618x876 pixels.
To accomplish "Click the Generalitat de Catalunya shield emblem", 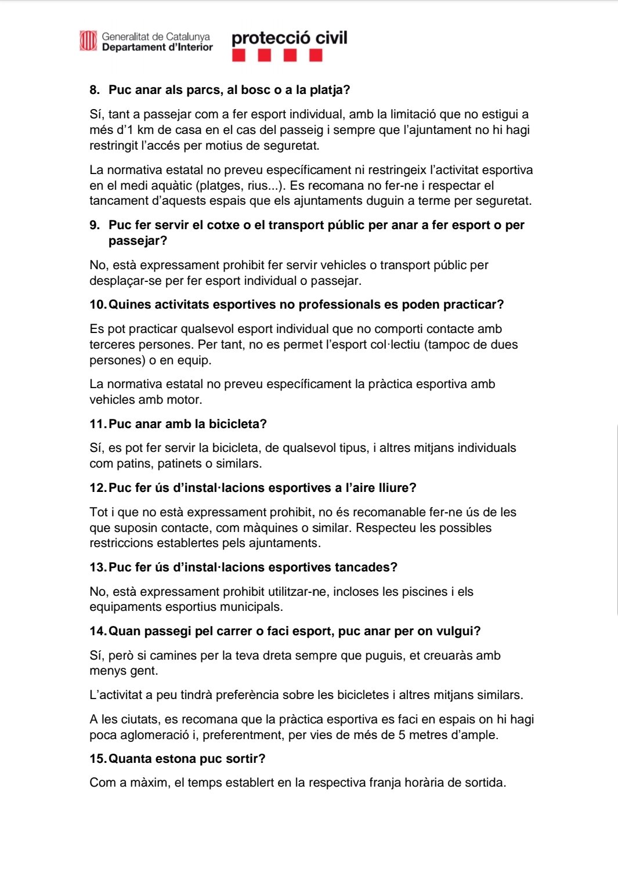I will point(88,41).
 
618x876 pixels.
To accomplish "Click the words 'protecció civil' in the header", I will point(289,38).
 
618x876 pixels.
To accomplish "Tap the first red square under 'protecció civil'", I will point(238,56).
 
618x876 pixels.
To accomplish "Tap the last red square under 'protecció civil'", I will point(316,56).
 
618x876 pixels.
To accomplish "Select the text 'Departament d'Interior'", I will point(157,48).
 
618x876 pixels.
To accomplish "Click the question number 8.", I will point(95,90).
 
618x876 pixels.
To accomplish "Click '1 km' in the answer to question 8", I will point(137,130).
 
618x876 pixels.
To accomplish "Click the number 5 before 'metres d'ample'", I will point(402,735).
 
